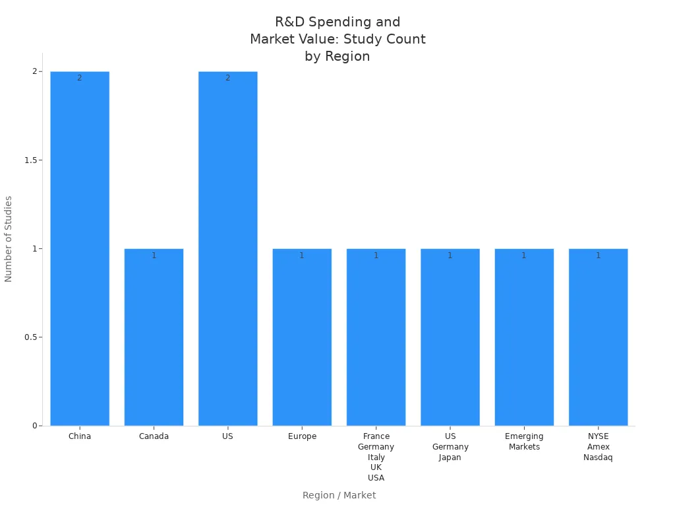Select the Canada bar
point(154,337)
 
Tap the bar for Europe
point(302,337)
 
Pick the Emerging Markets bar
point(524,337)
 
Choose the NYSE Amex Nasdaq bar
point(598,337)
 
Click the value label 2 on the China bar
point(80,78)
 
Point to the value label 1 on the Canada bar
point(154,255)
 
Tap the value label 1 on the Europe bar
point(302,255)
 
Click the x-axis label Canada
point(154,436)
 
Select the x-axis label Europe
point(302,436)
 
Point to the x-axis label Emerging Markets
point(524,442)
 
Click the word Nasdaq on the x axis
point(598,457)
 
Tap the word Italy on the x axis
point(376,457)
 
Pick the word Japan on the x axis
point(450,457)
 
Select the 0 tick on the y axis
point(34,426)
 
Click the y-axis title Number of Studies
point(9,239)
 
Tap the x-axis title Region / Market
point(339,495)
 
